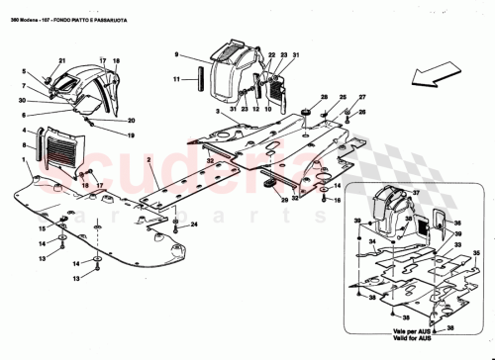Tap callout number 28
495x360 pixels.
[324, 97]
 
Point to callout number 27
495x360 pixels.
[361, 97]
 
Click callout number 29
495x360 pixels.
[283, 200]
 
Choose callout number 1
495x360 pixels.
[24, 158]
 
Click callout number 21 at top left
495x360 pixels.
[58, 60]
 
